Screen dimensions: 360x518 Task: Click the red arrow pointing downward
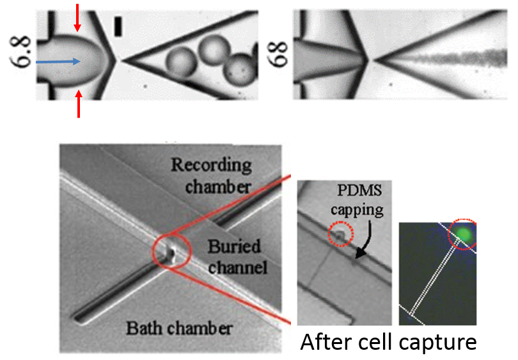point(78,17)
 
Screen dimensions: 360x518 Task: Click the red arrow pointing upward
point(79,105)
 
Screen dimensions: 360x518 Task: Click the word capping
point(364,209)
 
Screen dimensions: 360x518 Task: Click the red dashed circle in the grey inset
point(339,235)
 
